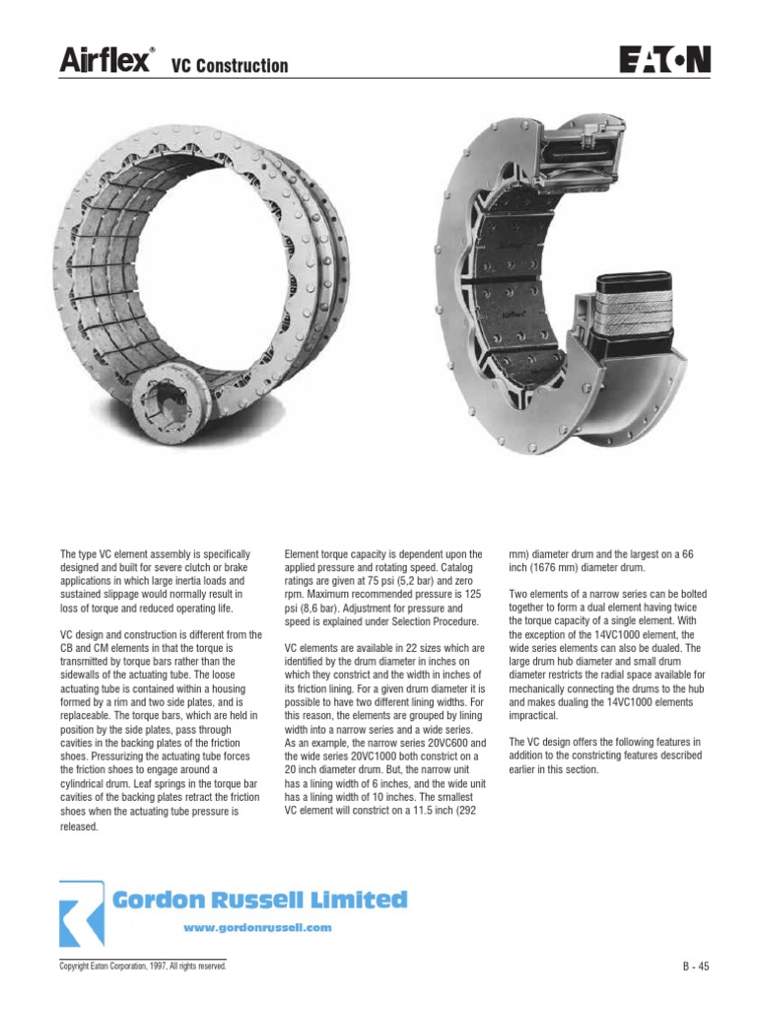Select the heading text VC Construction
click(231, 66)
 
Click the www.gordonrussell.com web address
click(258, 928)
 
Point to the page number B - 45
click(696, 968)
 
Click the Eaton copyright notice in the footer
click(143, 968)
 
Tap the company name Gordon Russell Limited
click(259, 900)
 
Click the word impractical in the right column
click(535, 717)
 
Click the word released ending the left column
click(80, 827)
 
